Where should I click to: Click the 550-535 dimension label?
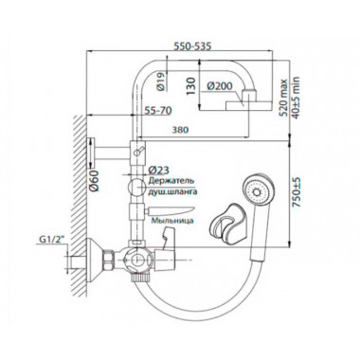point(192,46)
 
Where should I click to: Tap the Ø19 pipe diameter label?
point(161,81)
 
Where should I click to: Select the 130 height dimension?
point(191,85)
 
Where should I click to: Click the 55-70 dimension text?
point(158,111)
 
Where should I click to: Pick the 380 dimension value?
point(179,130)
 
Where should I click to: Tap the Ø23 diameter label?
point(158,170)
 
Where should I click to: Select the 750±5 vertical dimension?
point(297,192)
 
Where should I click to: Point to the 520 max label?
point(284,98)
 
